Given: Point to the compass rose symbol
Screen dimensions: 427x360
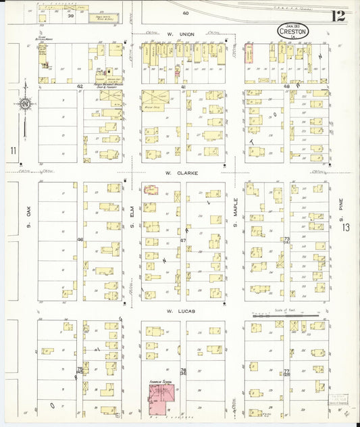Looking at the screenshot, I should pyautogui.click(x=24, y=105).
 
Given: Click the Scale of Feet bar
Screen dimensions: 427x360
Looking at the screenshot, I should pyautogui.click(x=293, y=316).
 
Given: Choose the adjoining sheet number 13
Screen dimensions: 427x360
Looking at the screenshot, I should pyautogui.click(x=346, y=228).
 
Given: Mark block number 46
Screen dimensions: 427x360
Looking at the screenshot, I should pyautogui.click(x=80, y=240).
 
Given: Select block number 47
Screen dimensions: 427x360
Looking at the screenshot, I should pyautogui.click(x=182, y=240).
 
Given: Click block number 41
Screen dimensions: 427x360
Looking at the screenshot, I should pyautogui.click(x=182, y=87).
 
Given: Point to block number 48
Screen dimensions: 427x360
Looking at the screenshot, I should pyautogui.click(x=286, y=87).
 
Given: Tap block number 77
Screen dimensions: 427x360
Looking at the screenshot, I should pyautogui.click(x=286, y=372).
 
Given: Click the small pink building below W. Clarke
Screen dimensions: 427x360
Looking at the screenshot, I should pyautogui.click(x=151, y=191).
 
